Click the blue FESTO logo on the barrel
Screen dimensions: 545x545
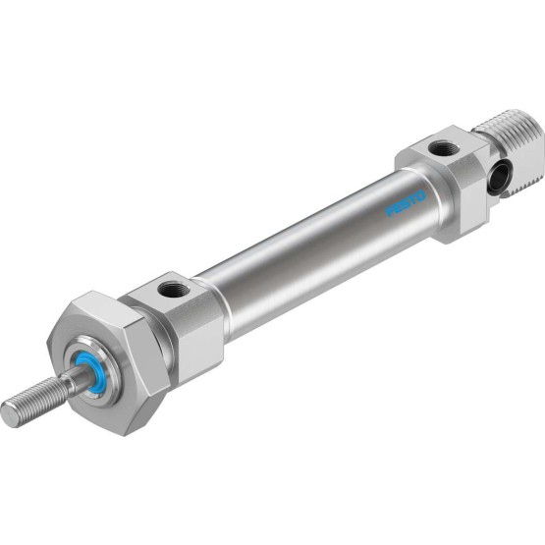pyautogui.click(x=406, y=203)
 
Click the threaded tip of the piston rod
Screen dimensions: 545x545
pyautogui.click(x=34, y=403)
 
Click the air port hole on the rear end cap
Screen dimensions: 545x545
pyautogui.click(x=444, y=148)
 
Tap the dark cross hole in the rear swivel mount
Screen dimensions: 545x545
pyautogui.click(x=499, y=179)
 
